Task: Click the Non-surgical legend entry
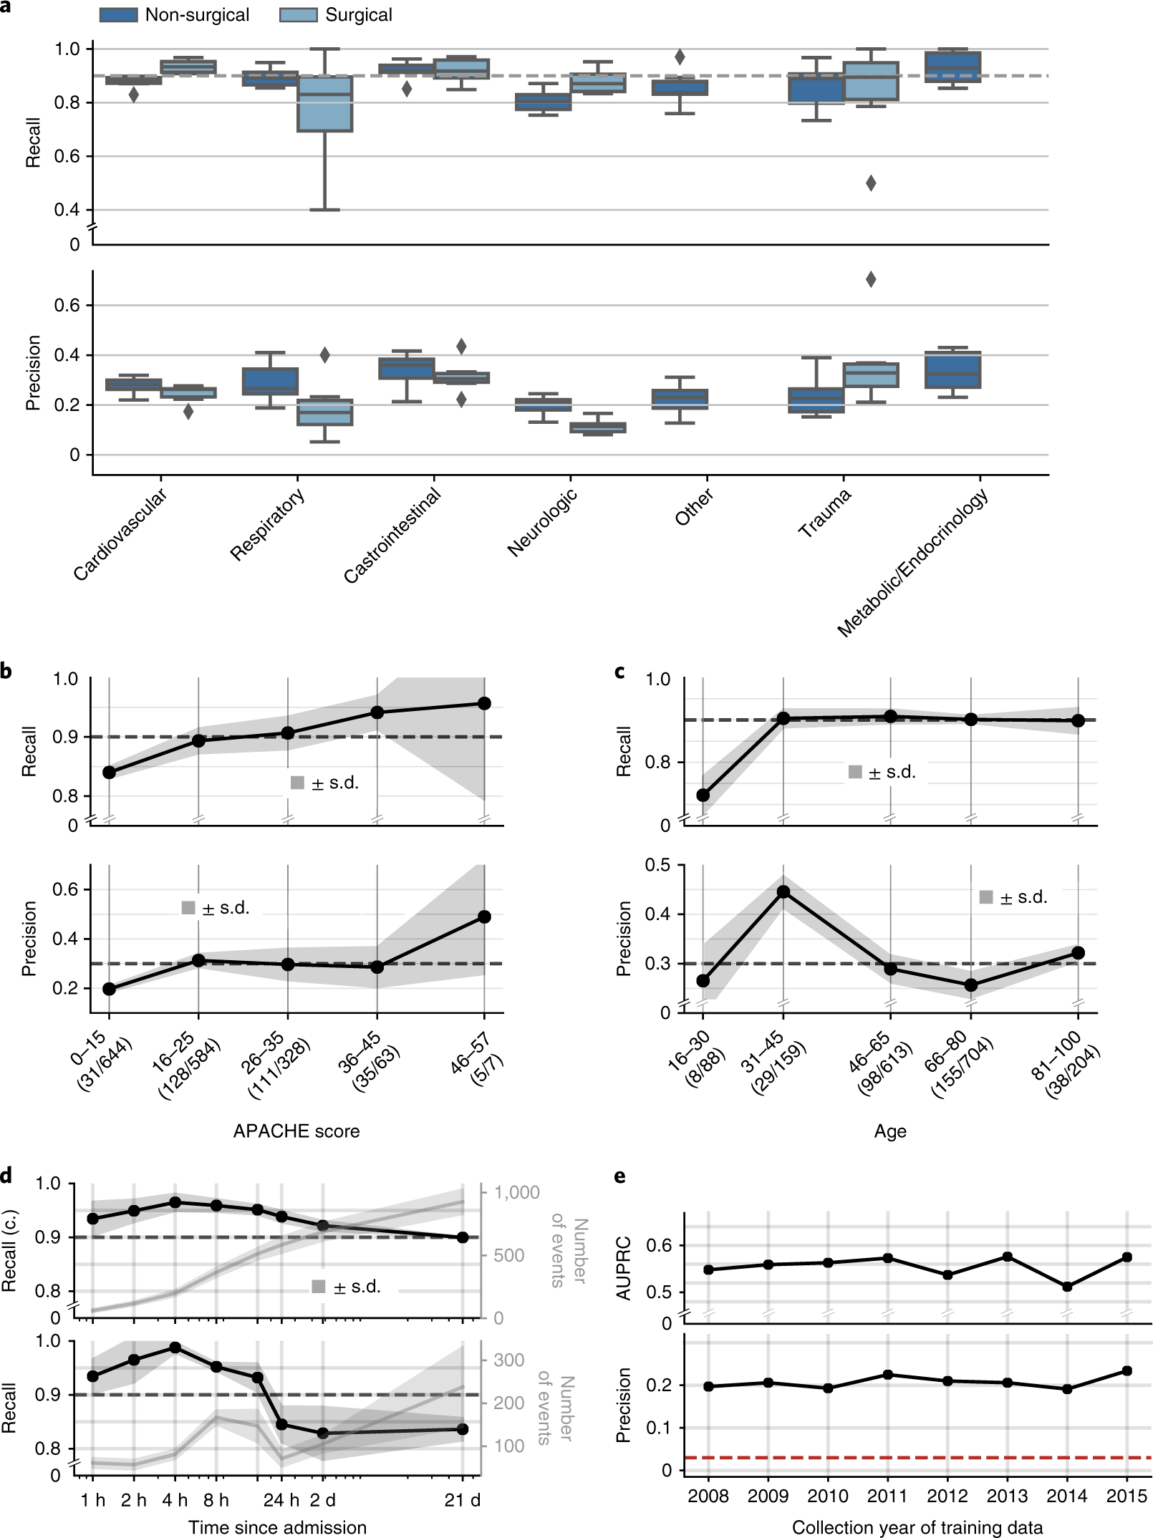click(x=175, y=15)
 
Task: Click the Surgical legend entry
click(x=337, y=15)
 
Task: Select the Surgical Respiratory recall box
click(x=325, y=103)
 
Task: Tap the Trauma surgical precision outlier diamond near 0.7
click(x=871, y=279)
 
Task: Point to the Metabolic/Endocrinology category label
click(x=914, y=563)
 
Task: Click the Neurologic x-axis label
click(x=542, y=523)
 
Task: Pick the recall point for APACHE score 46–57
click(x=484, y=703)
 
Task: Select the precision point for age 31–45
click(x=783, y=891)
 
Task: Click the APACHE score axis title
click(x=296, y=1131)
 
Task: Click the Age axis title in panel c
click(x=890, y=1131)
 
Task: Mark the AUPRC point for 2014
click(x=1067, y=1287)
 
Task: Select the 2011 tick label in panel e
click(x=887, y=1496)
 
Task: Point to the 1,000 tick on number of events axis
click(x=516, y=1192)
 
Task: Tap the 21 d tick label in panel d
click(x=462, y=1500)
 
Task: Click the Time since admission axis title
click(x=278, y=1527)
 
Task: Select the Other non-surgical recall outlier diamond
click(x=680, y=57)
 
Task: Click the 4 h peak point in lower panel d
click(x=175, y=1348)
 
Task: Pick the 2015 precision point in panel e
click(x=1127, y=1370)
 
